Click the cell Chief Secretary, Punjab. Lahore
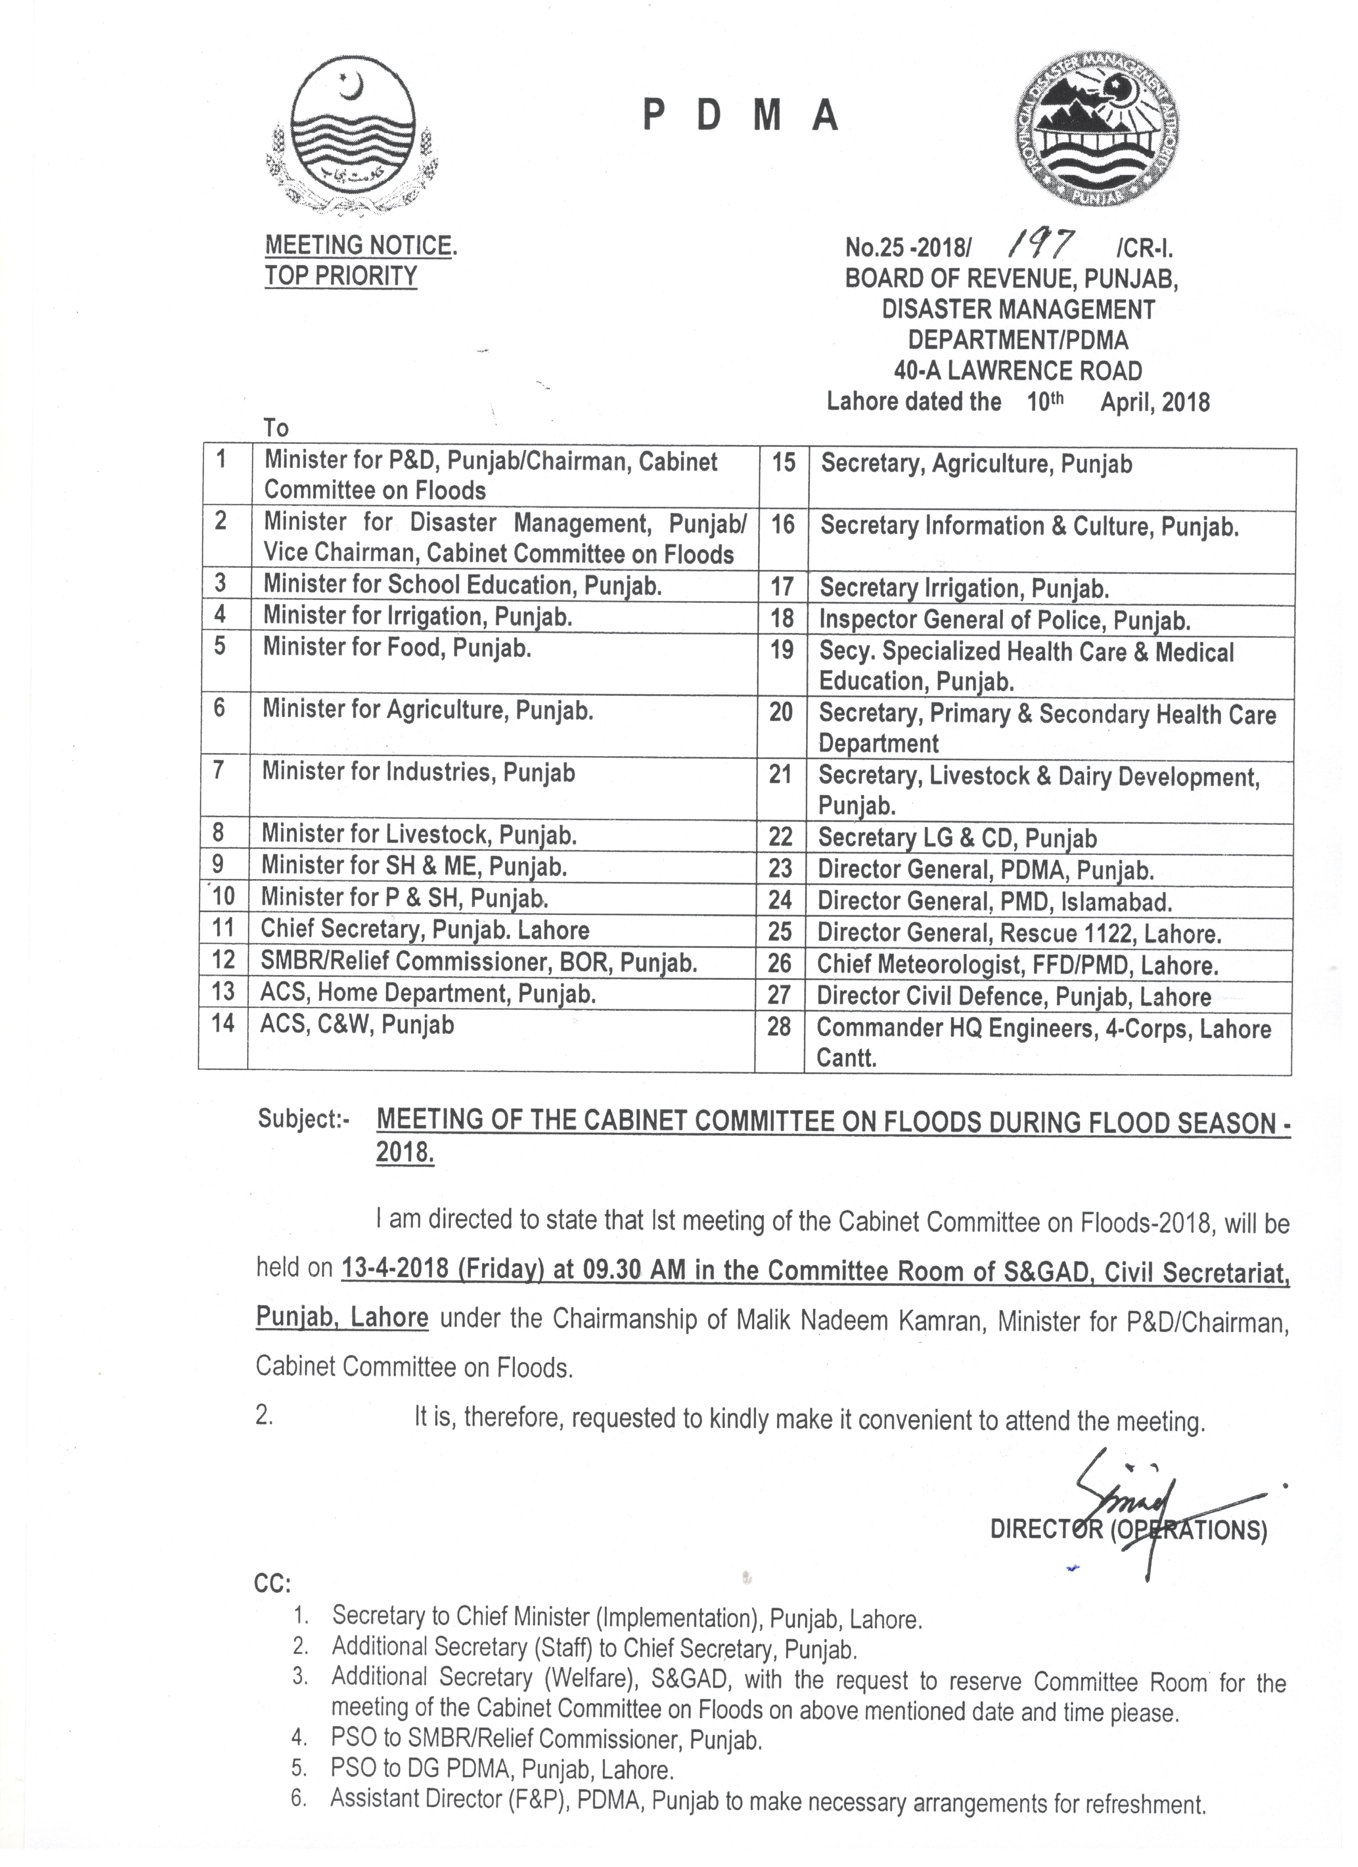click(x=425, y=930)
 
